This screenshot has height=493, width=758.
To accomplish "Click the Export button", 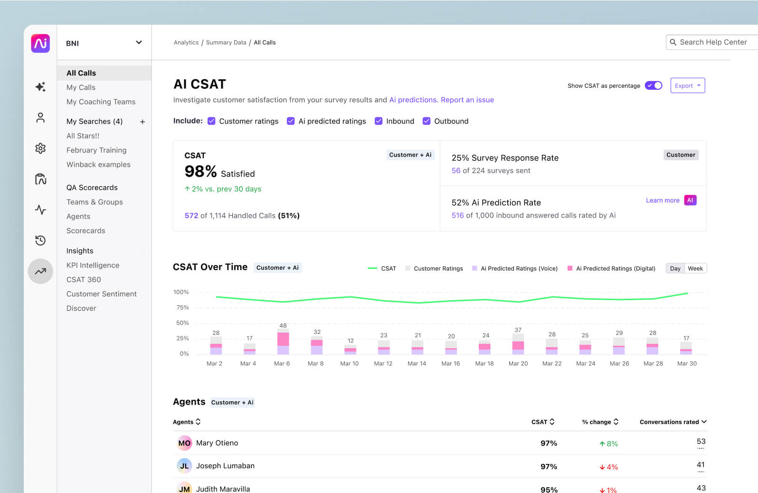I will (687, 85).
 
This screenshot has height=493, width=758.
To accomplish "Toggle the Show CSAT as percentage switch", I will (654, 85).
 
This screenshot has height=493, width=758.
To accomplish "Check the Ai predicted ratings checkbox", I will (291, 121).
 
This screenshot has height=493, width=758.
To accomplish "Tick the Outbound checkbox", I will (426, 121).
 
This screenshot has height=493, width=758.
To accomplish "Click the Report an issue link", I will (467, 100).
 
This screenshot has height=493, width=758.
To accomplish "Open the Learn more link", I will (662, 200).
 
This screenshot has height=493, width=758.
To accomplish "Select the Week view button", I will (695, 268).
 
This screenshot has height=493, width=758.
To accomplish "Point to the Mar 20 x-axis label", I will (518, 363).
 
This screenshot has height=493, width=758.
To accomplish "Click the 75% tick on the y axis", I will (182, 308).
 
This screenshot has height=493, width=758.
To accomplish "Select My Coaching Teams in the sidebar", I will (101, 102).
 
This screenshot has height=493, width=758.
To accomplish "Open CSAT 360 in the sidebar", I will (84, 280).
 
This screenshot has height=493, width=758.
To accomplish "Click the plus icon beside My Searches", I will (142, 122).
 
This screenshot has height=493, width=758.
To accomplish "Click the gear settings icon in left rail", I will (40, 148).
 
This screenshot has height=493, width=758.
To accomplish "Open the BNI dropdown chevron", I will (139, 42).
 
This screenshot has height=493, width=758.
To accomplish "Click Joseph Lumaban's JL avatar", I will (184, 466).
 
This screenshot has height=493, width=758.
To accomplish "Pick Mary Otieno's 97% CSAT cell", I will (549, 443).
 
